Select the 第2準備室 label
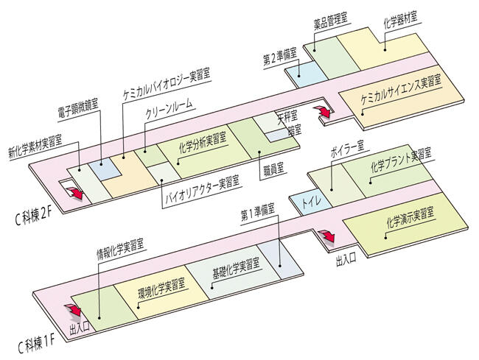coord(281,54)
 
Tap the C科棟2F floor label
coord(35,214)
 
